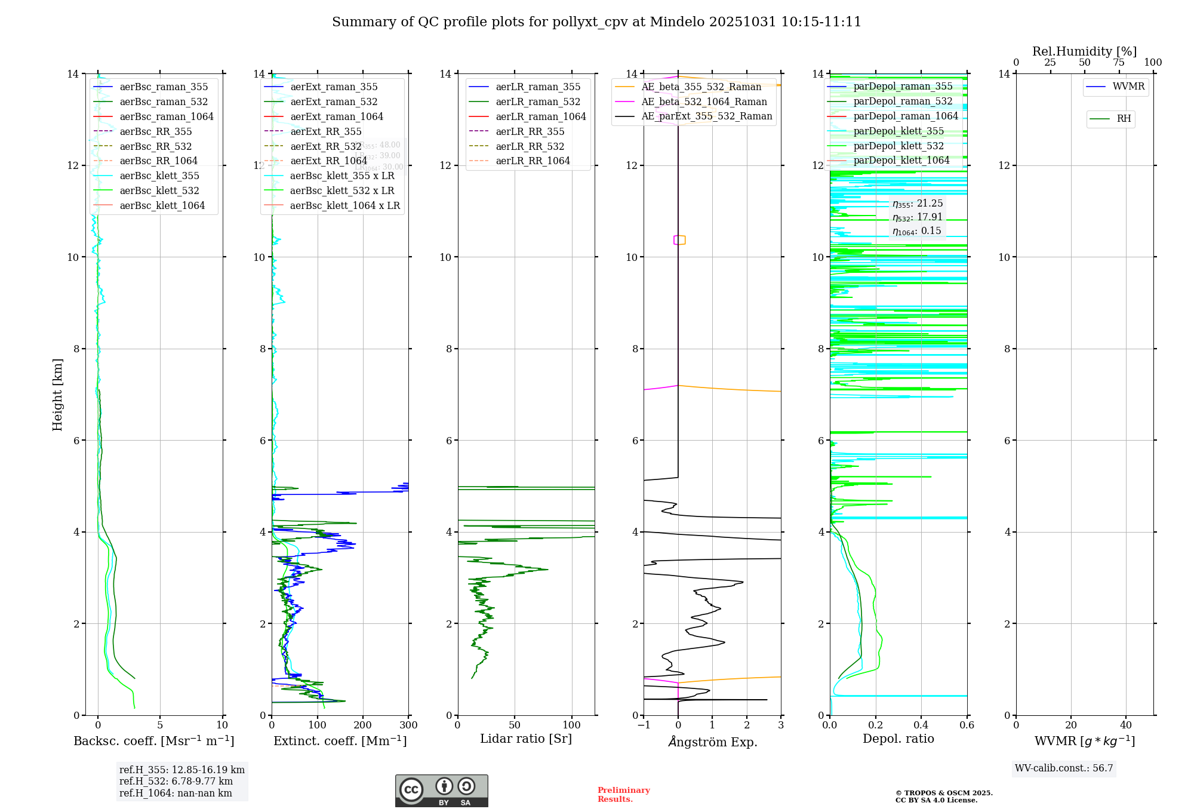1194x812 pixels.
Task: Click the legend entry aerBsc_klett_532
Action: click(x=159, y=191)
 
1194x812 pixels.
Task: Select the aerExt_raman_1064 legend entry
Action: click(x=337, y=117)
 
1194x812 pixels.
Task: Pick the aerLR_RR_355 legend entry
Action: click(x=530, y=132)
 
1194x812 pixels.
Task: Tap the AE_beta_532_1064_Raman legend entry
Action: click(x=704, y=102)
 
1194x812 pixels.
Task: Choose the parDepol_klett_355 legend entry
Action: click(x=898, y=131)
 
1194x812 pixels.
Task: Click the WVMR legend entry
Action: click(x=1128, y=87)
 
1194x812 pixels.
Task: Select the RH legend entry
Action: click(x=1124, y=119)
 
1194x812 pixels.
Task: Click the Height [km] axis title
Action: click(x=57, y=395)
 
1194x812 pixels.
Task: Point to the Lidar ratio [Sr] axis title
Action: click(x=526, y=739)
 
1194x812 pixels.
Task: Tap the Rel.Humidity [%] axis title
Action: click(x=1084, y=51)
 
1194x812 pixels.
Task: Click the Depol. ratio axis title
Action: click(x=898, y=739)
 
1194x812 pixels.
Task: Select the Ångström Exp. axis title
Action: click(x=712, y=742)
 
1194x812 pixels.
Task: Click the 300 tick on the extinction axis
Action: click(x=409, y=725)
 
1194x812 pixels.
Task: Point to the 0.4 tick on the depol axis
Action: click(x=921, y=725)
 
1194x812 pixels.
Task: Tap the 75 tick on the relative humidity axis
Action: click(x=1119, y=63)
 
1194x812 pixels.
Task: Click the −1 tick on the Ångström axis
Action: click(x=644, y=725)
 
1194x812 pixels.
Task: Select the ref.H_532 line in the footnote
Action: click(x=176, y=782)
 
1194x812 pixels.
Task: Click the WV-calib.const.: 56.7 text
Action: click(x=1064, y=768)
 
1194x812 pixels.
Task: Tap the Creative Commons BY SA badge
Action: click(x=441, y=791)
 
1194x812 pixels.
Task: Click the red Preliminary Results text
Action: click(x=623, y=795)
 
